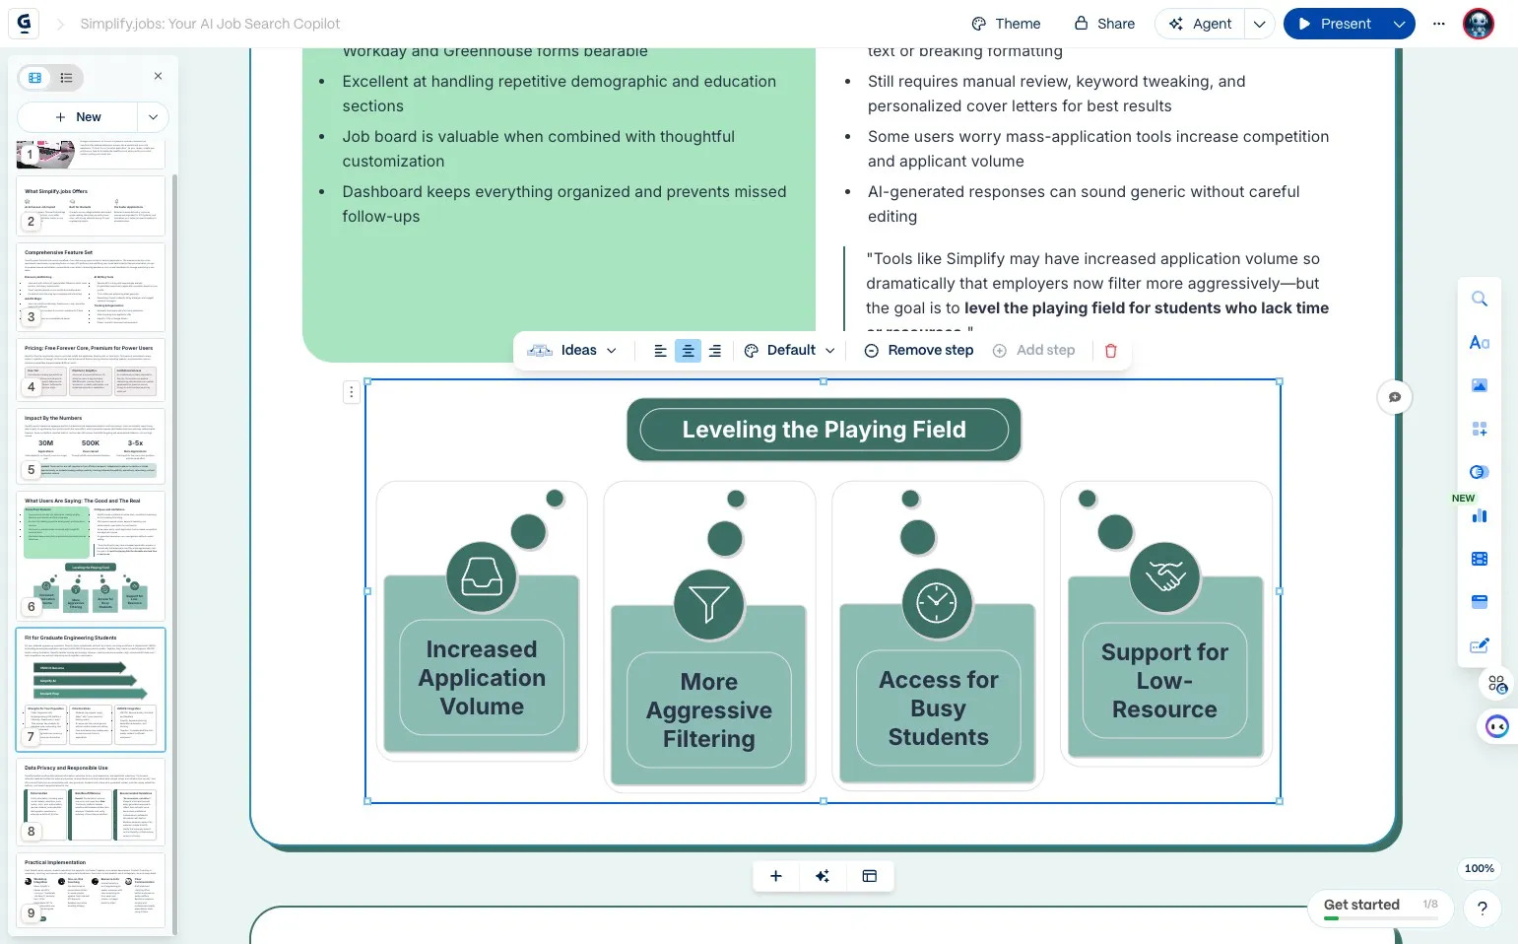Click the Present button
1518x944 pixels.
coord(1335,24)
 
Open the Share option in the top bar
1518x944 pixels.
coord(1104,24)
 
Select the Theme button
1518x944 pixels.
coord(1006,24)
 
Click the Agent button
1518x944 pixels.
coord(1200,24)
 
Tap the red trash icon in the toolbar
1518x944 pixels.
coord(1110,351)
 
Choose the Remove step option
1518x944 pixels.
coord(918,351)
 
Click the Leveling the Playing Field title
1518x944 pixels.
coord(824,430)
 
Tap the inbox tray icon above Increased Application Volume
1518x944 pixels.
coord(482,576)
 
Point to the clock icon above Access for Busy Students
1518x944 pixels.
coord(937,602)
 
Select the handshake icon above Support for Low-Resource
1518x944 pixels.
coord(1165,576)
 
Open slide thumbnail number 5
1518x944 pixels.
coord(91,445)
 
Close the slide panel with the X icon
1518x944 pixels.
coord(158,76)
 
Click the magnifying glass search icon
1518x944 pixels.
coord(1479,300)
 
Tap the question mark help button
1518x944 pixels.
coord(1482,909)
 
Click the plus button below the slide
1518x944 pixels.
coord(776,876)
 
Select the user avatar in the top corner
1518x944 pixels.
coord(1478,24)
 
